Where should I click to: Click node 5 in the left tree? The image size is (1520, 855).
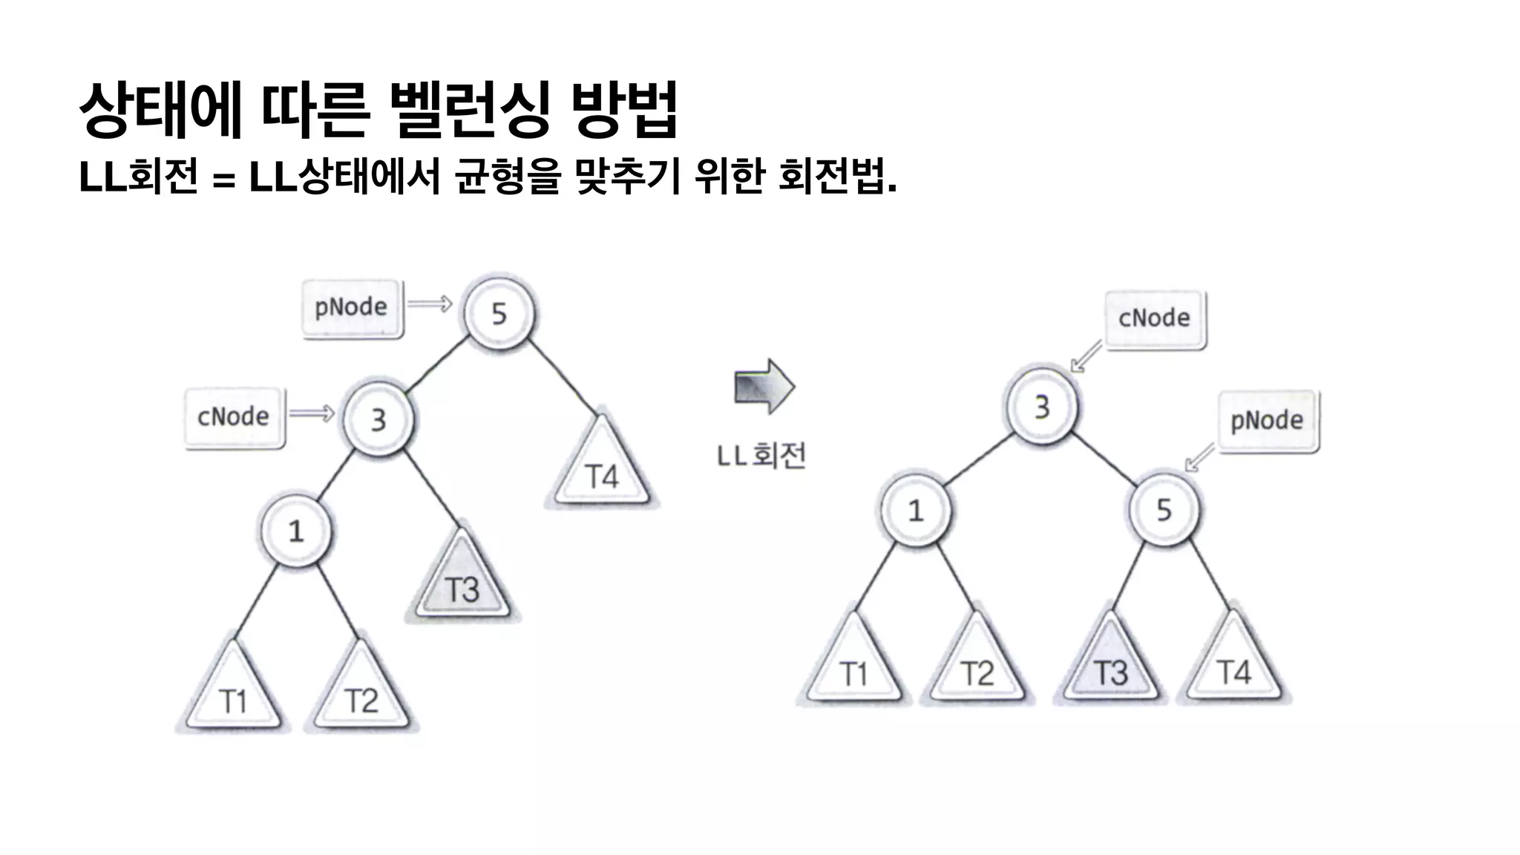click(x=499, y=313)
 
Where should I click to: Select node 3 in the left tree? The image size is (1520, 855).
click(x=379, y=419)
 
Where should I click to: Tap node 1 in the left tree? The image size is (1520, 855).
click(x=296, y=530)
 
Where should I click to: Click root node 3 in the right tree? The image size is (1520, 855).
click(x=1042, y=406)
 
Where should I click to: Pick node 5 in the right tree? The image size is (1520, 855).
click(x=1163, y=509)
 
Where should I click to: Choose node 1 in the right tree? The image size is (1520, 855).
click(x=916, y=509)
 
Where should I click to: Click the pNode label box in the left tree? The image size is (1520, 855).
click(x=352, y=307)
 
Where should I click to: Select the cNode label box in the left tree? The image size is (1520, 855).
click(x=234, y=416)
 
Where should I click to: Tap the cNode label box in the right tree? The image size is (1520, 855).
click(x=1154, y=318)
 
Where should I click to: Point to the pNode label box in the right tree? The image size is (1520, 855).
click(x=1267, y=421)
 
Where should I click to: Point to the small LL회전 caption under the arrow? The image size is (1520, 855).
click(x=761, y=455)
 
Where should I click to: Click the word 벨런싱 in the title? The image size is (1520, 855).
click(x=469, y=110)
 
